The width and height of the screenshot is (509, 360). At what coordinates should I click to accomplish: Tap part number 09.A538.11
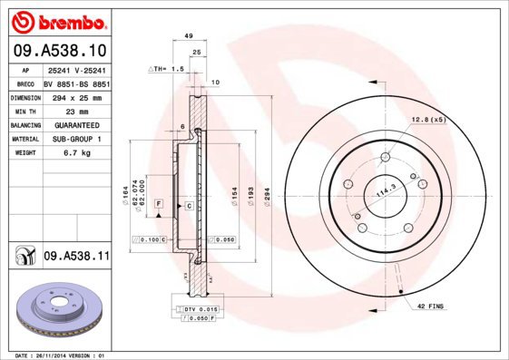pos(76,258)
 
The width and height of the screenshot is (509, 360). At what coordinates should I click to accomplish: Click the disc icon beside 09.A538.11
pos(24,258)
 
